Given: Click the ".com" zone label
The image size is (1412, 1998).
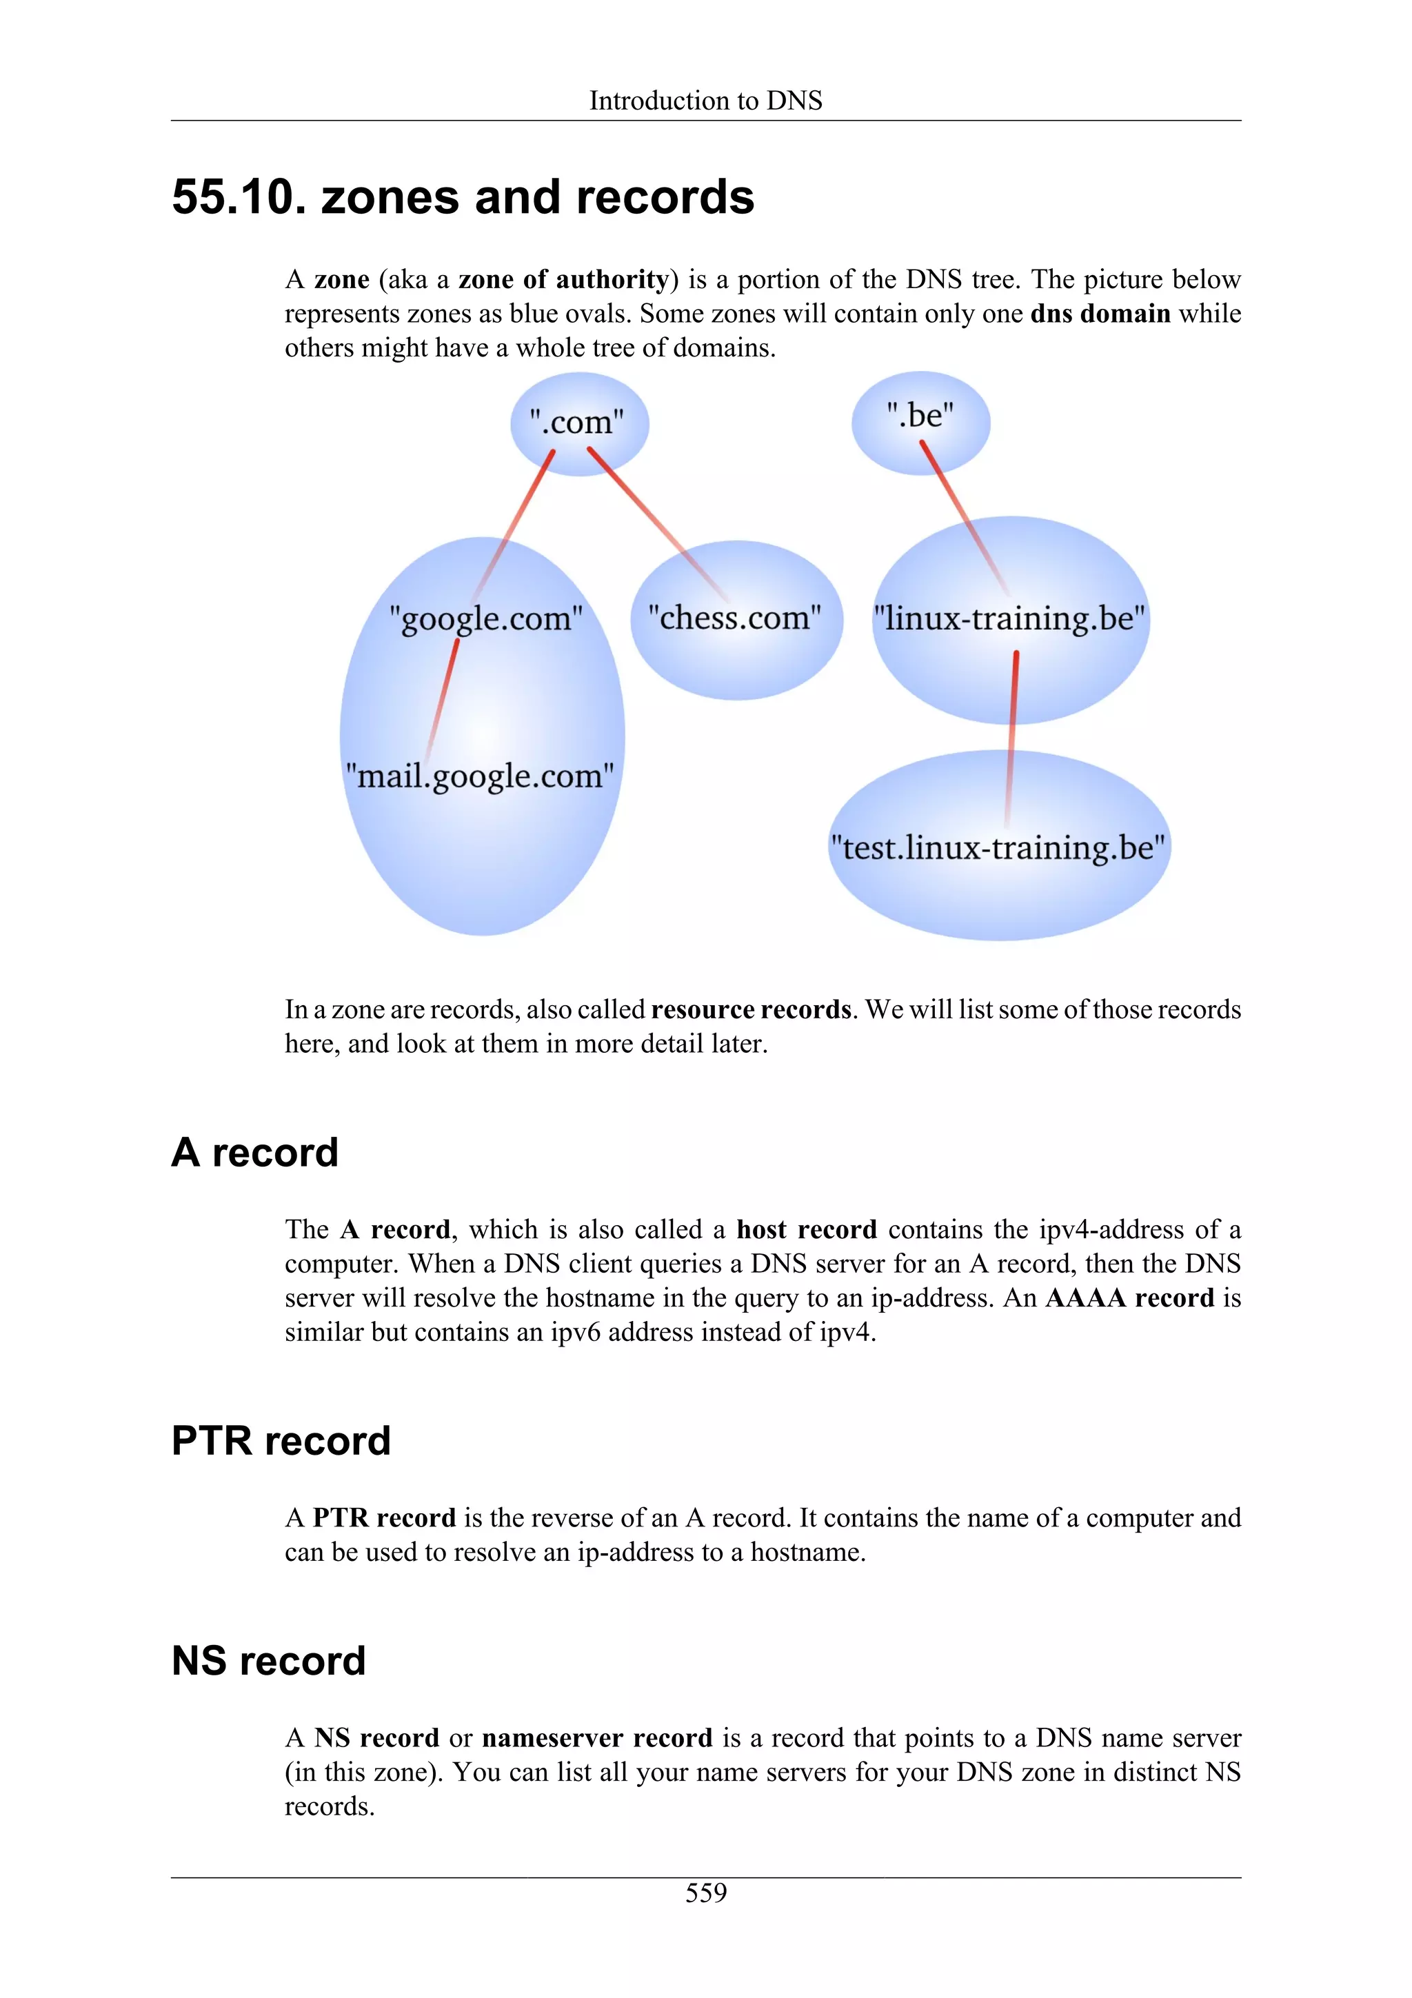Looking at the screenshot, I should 577,423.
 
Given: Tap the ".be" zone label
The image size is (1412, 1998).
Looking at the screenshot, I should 920,415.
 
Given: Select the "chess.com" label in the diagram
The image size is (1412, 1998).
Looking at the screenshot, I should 734,618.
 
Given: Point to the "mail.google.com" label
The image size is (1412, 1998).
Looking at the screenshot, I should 479,776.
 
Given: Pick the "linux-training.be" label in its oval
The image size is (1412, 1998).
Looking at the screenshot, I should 1010,618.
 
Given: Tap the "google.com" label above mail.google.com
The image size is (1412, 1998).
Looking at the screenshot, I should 485,618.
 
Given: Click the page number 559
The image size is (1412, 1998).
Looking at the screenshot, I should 705,1893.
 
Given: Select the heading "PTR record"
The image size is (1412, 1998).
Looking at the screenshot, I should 281,1441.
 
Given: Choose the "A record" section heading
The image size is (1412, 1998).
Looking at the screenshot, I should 255,1153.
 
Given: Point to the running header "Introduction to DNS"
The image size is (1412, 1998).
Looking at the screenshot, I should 705,101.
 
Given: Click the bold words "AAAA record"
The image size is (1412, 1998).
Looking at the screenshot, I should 1129,1298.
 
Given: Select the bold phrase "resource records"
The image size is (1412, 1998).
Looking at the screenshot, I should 751,1009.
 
